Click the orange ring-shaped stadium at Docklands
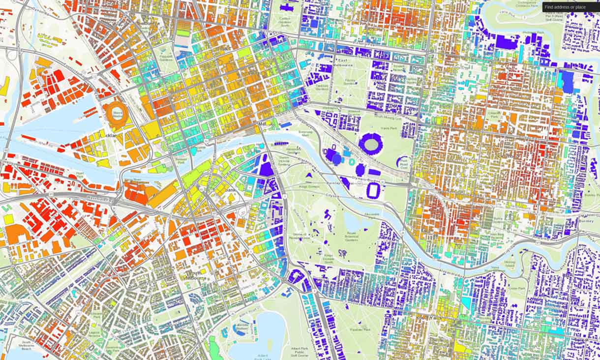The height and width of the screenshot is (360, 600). [x=117, y=114]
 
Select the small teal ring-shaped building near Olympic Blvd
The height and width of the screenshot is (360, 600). [x=352, y=162]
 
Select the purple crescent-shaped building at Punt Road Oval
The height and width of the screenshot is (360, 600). [x=402, y=160]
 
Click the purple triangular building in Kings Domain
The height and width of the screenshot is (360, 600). [x=310, y=175]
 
